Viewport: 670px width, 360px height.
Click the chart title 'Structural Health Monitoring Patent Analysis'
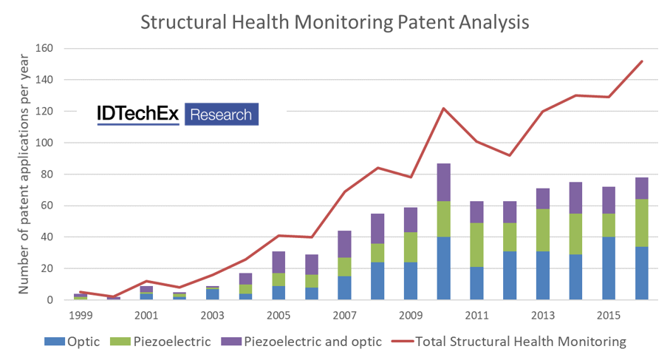pyautogui.click(x=335, y=22)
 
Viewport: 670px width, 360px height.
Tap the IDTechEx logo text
pyautogui.click(x=139, y=114)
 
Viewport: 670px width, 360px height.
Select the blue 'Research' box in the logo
pyautogui.click(x=221, y=115)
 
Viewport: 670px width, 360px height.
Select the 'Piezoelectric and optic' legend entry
pyautogui.click(x=302, y=342)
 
